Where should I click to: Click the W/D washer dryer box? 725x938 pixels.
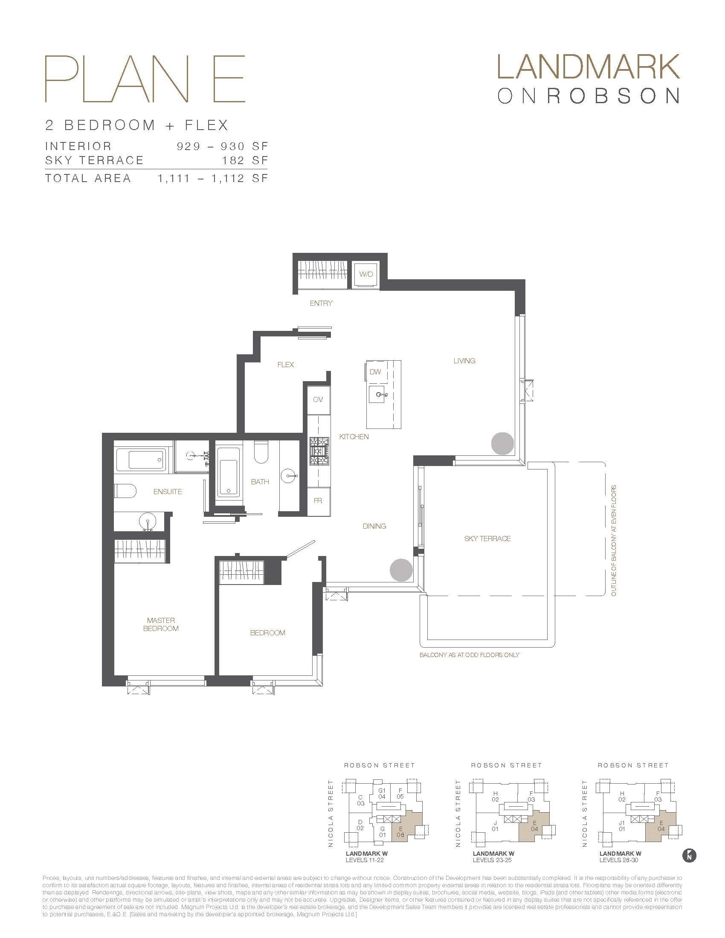coord(366,274)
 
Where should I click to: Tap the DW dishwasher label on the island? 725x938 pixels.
coord(375,372)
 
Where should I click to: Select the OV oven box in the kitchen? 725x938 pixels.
coord(318,400)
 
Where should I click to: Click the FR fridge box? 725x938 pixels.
coord(318,501)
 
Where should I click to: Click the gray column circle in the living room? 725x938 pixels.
coord(502,443)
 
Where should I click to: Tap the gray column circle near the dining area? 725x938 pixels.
coord(401,570)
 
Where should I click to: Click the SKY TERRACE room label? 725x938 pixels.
coord(487,538)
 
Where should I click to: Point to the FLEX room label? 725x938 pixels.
coord(286,365)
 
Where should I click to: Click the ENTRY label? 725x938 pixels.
coord(321,303)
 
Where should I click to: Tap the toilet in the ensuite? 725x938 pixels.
coord(126,490)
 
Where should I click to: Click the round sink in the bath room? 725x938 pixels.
coord(289,475)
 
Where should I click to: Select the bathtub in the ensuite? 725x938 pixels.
coord(145,460)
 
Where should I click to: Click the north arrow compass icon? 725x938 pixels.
coord(689,855)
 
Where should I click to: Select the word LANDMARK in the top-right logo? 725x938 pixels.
coord(588,68)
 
